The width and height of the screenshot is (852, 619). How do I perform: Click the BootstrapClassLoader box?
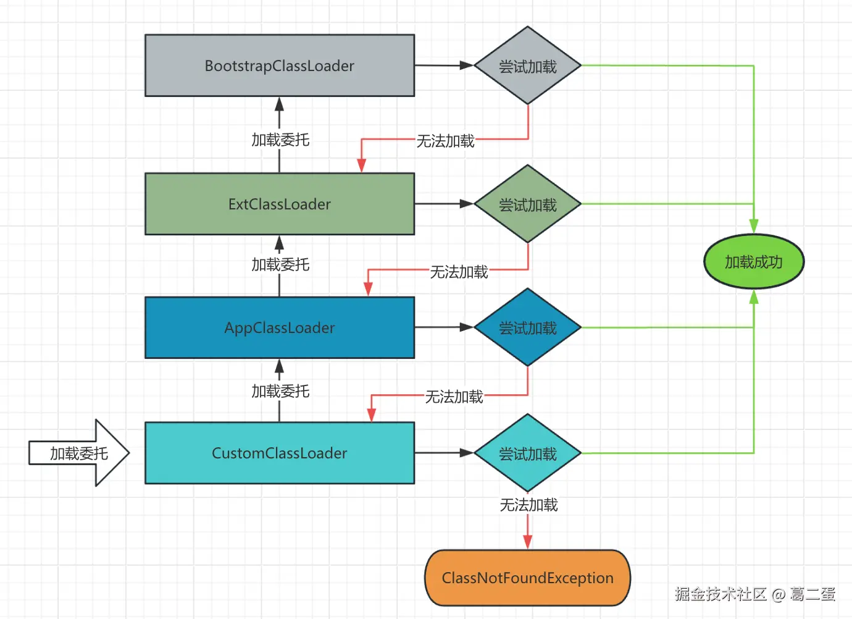(279, 65)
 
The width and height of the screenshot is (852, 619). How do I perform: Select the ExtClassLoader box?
(279, 204)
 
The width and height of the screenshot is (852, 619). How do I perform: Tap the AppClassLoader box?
(279, 327)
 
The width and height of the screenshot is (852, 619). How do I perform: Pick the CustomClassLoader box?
(279, 453)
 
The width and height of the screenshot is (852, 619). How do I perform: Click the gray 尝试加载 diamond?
(528, 65)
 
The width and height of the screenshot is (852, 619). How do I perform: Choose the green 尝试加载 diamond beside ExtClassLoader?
(528, 204)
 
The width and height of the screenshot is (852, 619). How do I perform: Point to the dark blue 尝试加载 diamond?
(528, 327)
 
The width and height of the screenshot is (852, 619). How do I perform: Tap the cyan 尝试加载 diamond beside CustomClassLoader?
(528, 453)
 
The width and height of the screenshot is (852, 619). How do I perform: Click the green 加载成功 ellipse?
(754, 262)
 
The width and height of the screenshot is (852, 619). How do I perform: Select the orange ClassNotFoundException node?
(527, 578)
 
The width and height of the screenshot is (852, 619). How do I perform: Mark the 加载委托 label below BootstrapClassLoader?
(280, 140)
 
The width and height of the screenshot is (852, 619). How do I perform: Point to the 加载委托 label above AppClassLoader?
(280, 265)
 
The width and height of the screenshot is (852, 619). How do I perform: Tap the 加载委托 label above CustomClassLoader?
(280, 392)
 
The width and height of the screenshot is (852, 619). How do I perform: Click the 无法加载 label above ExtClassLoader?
(445, 141)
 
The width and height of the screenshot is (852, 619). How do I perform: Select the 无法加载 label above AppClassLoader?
(459, 272)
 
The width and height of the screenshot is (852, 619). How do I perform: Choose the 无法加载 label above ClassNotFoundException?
(528, 505)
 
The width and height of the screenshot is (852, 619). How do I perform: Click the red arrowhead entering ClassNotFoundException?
(528, 542)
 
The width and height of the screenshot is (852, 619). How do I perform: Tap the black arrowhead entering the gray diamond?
(467, 65)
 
